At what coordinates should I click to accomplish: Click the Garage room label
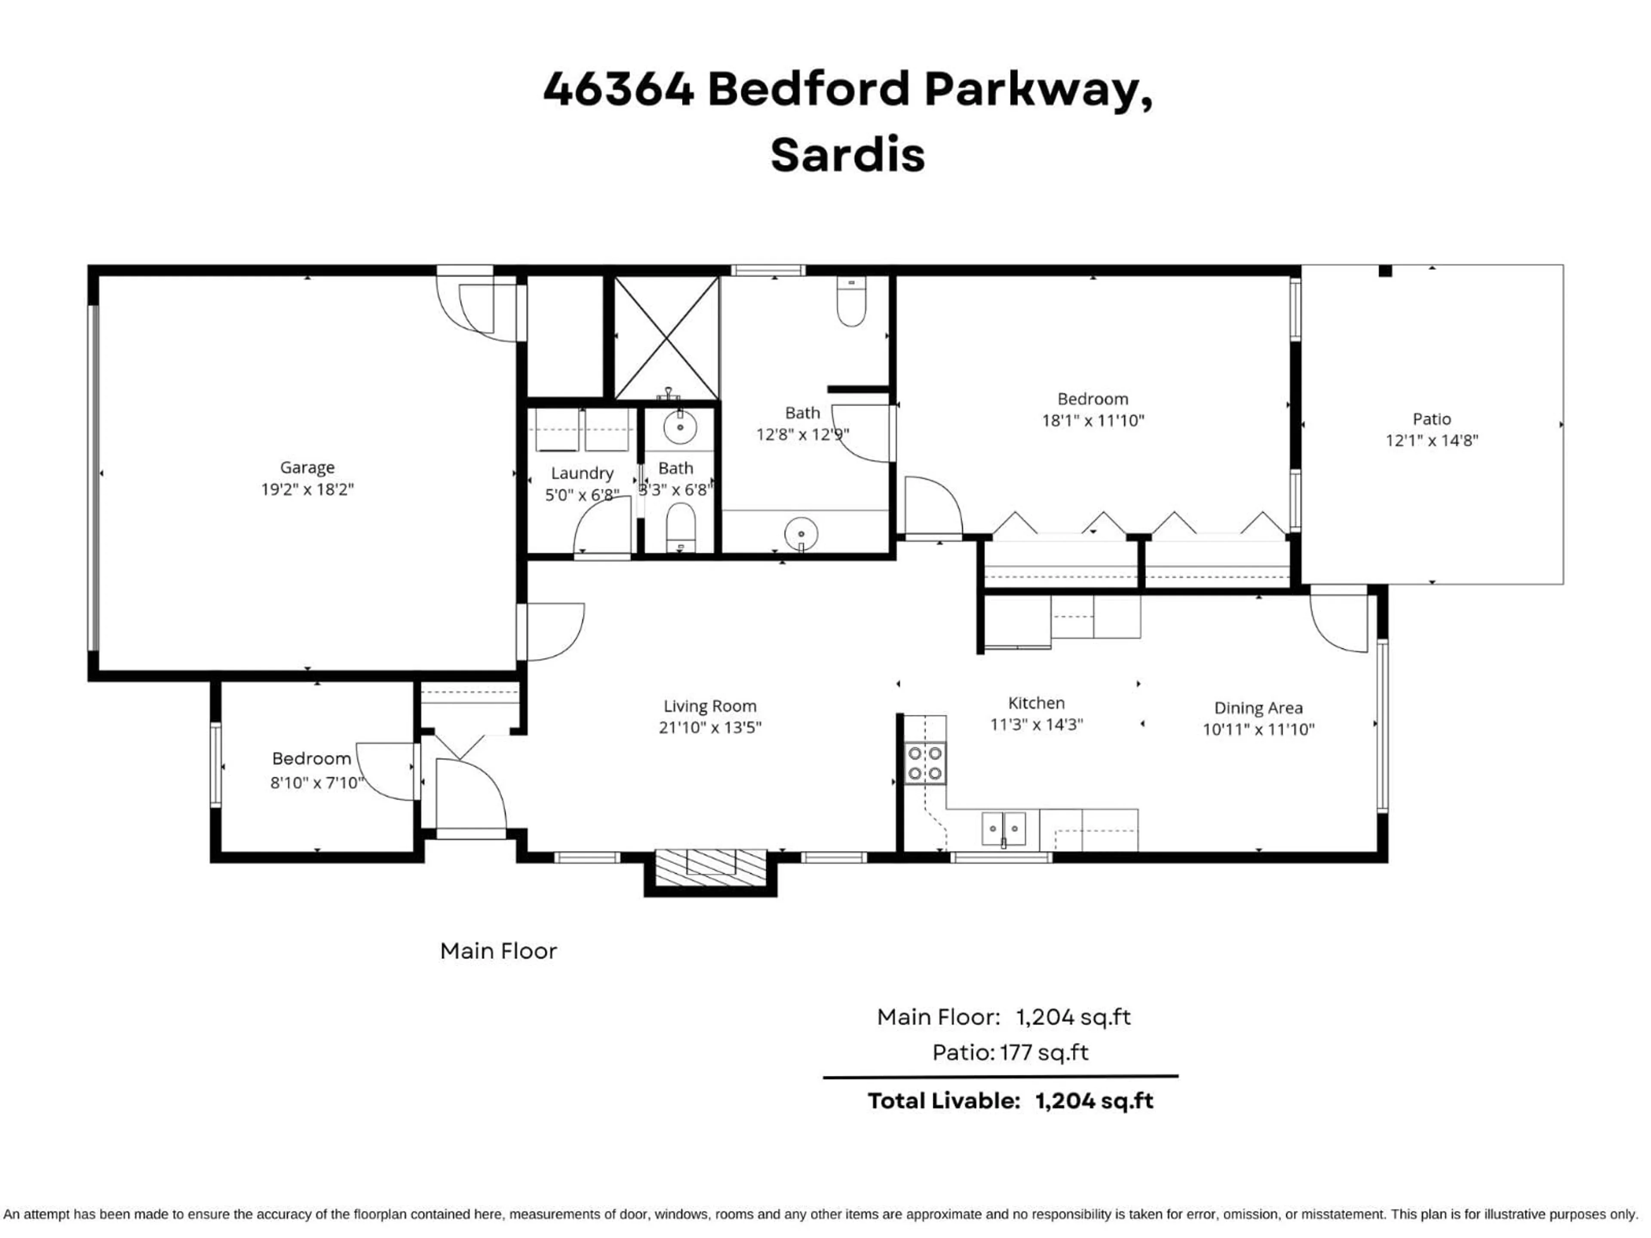[307, 467]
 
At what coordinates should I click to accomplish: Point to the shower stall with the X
[666, 338]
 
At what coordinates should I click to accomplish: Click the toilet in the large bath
[851, 302]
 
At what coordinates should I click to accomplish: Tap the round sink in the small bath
[680, 428]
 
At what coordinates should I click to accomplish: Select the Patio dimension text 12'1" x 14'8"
[1432, 440]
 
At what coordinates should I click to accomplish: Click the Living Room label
[710, 706]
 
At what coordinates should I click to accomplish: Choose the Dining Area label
[1258, 708]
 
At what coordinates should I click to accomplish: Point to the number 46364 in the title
[618, 89]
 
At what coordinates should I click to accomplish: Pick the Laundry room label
[582, 473]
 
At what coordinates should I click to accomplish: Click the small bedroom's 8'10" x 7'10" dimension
[316, 783]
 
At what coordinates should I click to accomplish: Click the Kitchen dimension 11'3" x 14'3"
[1036, 725]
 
